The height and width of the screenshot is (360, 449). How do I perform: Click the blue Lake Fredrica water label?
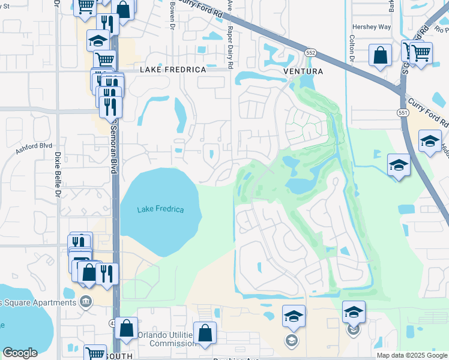click(160, 209)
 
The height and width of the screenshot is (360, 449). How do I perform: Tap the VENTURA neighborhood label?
click(303, 71)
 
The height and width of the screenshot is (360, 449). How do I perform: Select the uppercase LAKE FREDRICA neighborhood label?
click(173, 70)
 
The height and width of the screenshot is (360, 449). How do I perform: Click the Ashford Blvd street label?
click(34, 146)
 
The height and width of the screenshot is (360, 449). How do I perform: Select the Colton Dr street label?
click(352, 48)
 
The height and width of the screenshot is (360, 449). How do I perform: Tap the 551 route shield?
click(403, 113)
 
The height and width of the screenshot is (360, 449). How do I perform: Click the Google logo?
click(20, 353)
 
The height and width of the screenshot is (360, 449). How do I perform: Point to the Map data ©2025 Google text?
click(412, 355)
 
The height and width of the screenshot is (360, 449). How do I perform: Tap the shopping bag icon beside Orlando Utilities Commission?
click(205, 333)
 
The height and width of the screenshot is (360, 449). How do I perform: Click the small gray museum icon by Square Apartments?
click(86, 300)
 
